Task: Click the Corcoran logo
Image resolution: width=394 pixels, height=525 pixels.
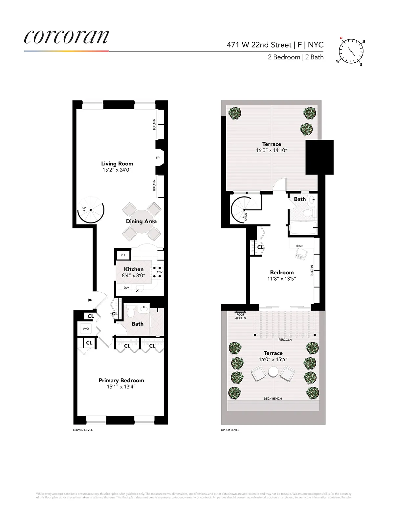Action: click(x=66, y=37)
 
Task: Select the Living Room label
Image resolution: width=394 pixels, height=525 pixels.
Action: click(x=117, y=164)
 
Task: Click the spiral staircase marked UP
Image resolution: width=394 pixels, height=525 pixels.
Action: click(x=91, y=210)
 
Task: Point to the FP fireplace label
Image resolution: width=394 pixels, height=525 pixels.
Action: click(x=158, y=158)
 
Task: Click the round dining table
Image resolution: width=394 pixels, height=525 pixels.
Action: click(x=142, y=221)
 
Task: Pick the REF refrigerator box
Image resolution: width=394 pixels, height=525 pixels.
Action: click(x=123, y=255)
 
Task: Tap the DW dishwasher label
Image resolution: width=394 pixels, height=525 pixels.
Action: click(x=126, y=288)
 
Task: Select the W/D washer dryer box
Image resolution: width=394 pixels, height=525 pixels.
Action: click(x=86, y=329)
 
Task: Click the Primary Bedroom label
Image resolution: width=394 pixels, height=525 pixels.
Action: click(x=121, y=380)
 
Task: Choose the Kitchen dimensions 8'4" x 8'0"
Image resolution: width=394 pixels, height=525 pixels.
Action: click(x=133, y=276)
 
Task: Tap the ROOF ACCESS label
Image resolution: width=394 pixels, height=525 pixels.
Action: click(x=240, y=316)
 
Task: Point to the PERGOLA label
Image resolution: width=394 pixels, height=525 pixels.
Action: click(x=285, y=340)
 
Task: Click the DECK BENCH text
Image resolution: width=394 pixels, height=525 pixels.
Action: click(x=273, y=399)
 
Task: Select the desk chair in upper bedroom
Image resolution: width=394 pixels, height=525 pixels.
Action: click(x=300, y=254)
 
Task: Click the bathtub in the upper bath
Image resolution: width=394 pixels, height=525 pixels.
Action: click(x=303, y=227)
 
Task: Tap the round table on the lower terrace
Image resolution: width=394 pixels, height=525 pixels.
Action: click(x=273, y=372)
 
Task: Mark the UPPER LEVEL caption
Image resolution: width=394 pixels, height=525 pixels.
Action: click(x=230, y=430)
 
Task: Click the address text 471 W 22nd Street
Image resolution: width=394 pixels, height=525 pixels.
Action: click(x=259, y=45)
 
